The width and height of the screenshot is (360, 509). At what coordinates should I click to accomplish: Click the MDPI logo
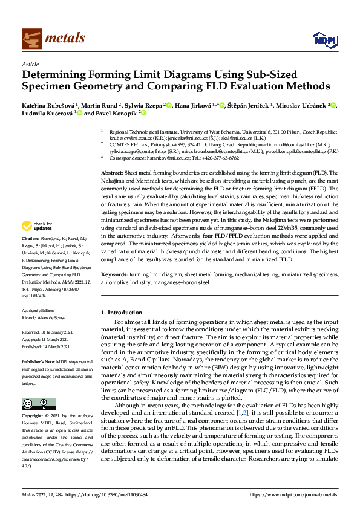click(x=325, y=39)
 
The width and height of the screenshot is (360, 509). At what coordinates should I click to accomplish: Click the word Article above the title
click(x=30, y=64)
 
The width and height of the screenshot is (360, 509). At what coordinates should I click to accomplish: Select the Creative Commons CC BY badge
click(x=39, y=403)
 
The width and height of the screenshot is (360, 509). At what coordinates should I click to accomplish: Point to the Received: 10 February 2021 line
click(x=48, y=332)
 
